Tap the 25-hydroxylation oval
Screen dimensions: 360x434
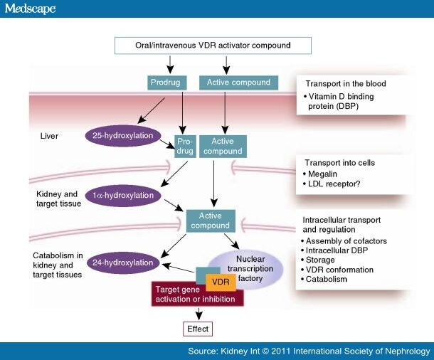click(124, 134)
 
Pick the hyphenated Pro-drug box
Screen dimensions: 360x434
click(185, 146)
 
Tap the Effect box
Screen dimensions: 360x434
click(197, 329)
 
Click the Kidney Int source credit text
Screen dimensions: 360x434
click(309, 351)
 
